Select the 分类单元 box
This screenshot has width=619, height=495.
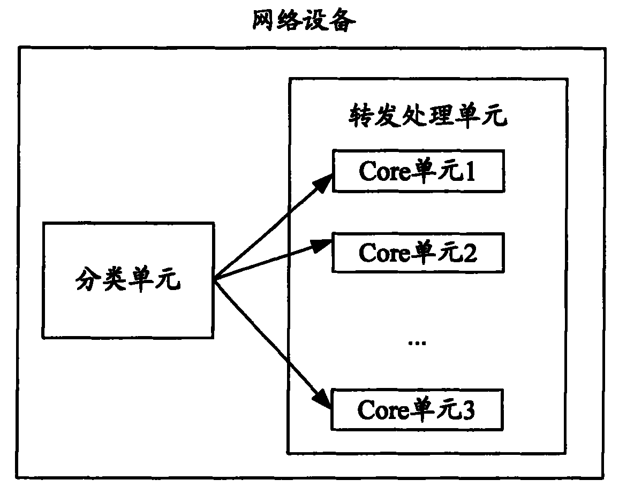point(128,280)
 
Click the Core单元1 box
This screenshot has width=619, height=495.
point(418,171)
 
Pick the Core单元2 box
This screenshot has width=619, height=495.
point(418,252)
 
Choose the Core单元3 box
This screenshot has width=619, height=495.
point(418,410)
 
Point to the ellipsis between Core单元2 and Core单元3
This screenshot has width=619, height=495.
point(417,342)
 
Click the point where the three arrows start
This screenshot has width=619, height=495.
point(215,279)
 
